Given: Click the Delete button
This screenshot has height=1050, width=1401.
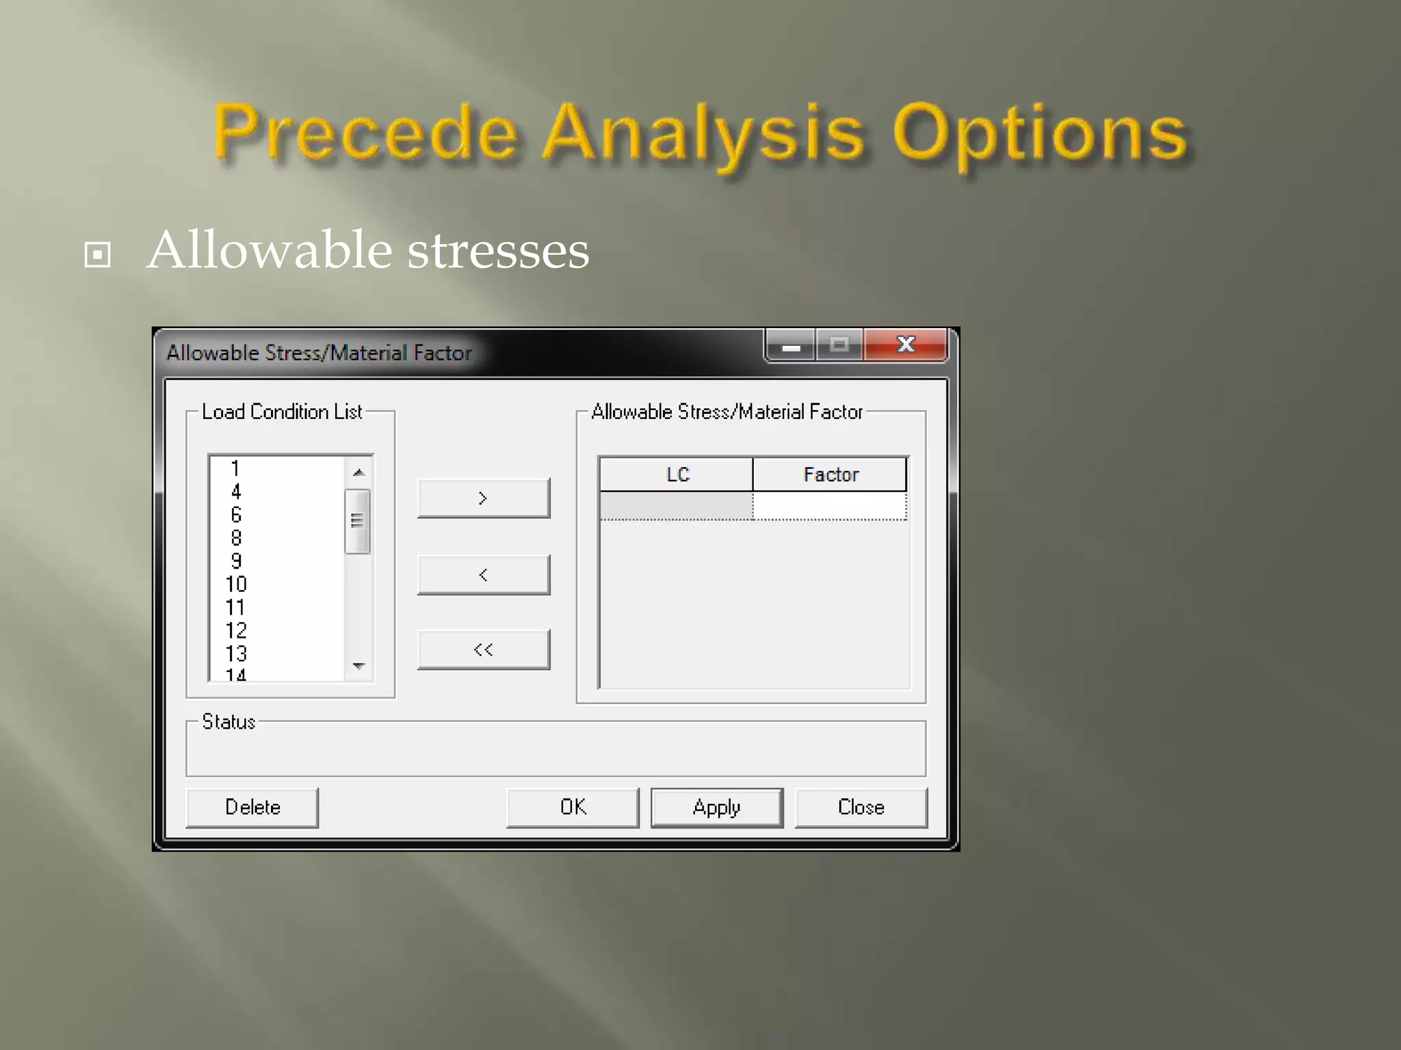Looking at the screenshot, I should [x=252, y=807].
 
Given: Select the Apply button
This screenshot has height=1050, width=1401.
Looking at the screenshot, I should [x=716, y=807].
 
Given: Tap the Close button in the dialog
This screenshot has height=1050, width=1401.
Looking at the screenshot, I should [x=861, y=807].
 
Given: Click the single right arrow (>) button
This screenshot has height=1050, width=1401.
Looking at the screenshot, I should [x=483, y=498].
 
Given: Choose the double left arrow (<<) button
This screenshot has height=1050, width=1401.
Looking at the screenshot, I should [x=483, y=649].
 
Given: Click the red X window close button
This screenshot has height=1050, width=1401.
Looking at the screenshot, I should [x=906, y=345].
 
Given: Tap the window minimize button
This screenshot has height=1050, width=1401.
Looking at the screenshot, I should [x=791, y=345].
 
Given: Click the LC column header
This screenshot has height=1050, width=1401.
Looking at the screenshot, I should [x=677, y=474].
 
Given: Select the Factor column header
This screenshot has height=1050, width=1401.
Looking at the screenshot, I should [x=830, y=474].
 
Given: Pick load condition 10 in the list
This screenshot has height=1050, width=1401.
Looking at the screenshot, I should [x=236, y=584].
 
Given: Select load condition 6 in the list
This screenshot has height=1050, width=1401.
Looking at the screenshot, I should [x=236, y=515].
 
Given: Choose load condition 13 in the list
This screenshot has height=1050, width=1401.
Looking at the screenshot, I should [x=236, y=654].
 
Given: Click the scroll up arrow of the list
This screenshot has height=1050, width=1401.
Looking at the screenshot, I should [x=358, y=472].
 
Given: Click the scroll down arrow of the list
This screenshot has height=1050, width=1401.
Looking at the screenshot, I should [x=358, y=665].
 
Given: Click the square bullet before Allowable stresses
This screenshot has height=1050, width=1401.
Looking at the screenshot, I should [x=97, y=255].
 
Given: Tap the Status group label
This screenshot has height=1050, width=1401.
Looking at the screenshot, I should [x=228, y=722].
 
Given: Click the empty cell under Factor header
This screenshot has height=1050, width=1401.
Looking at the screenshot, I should [x=830, y=507].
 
